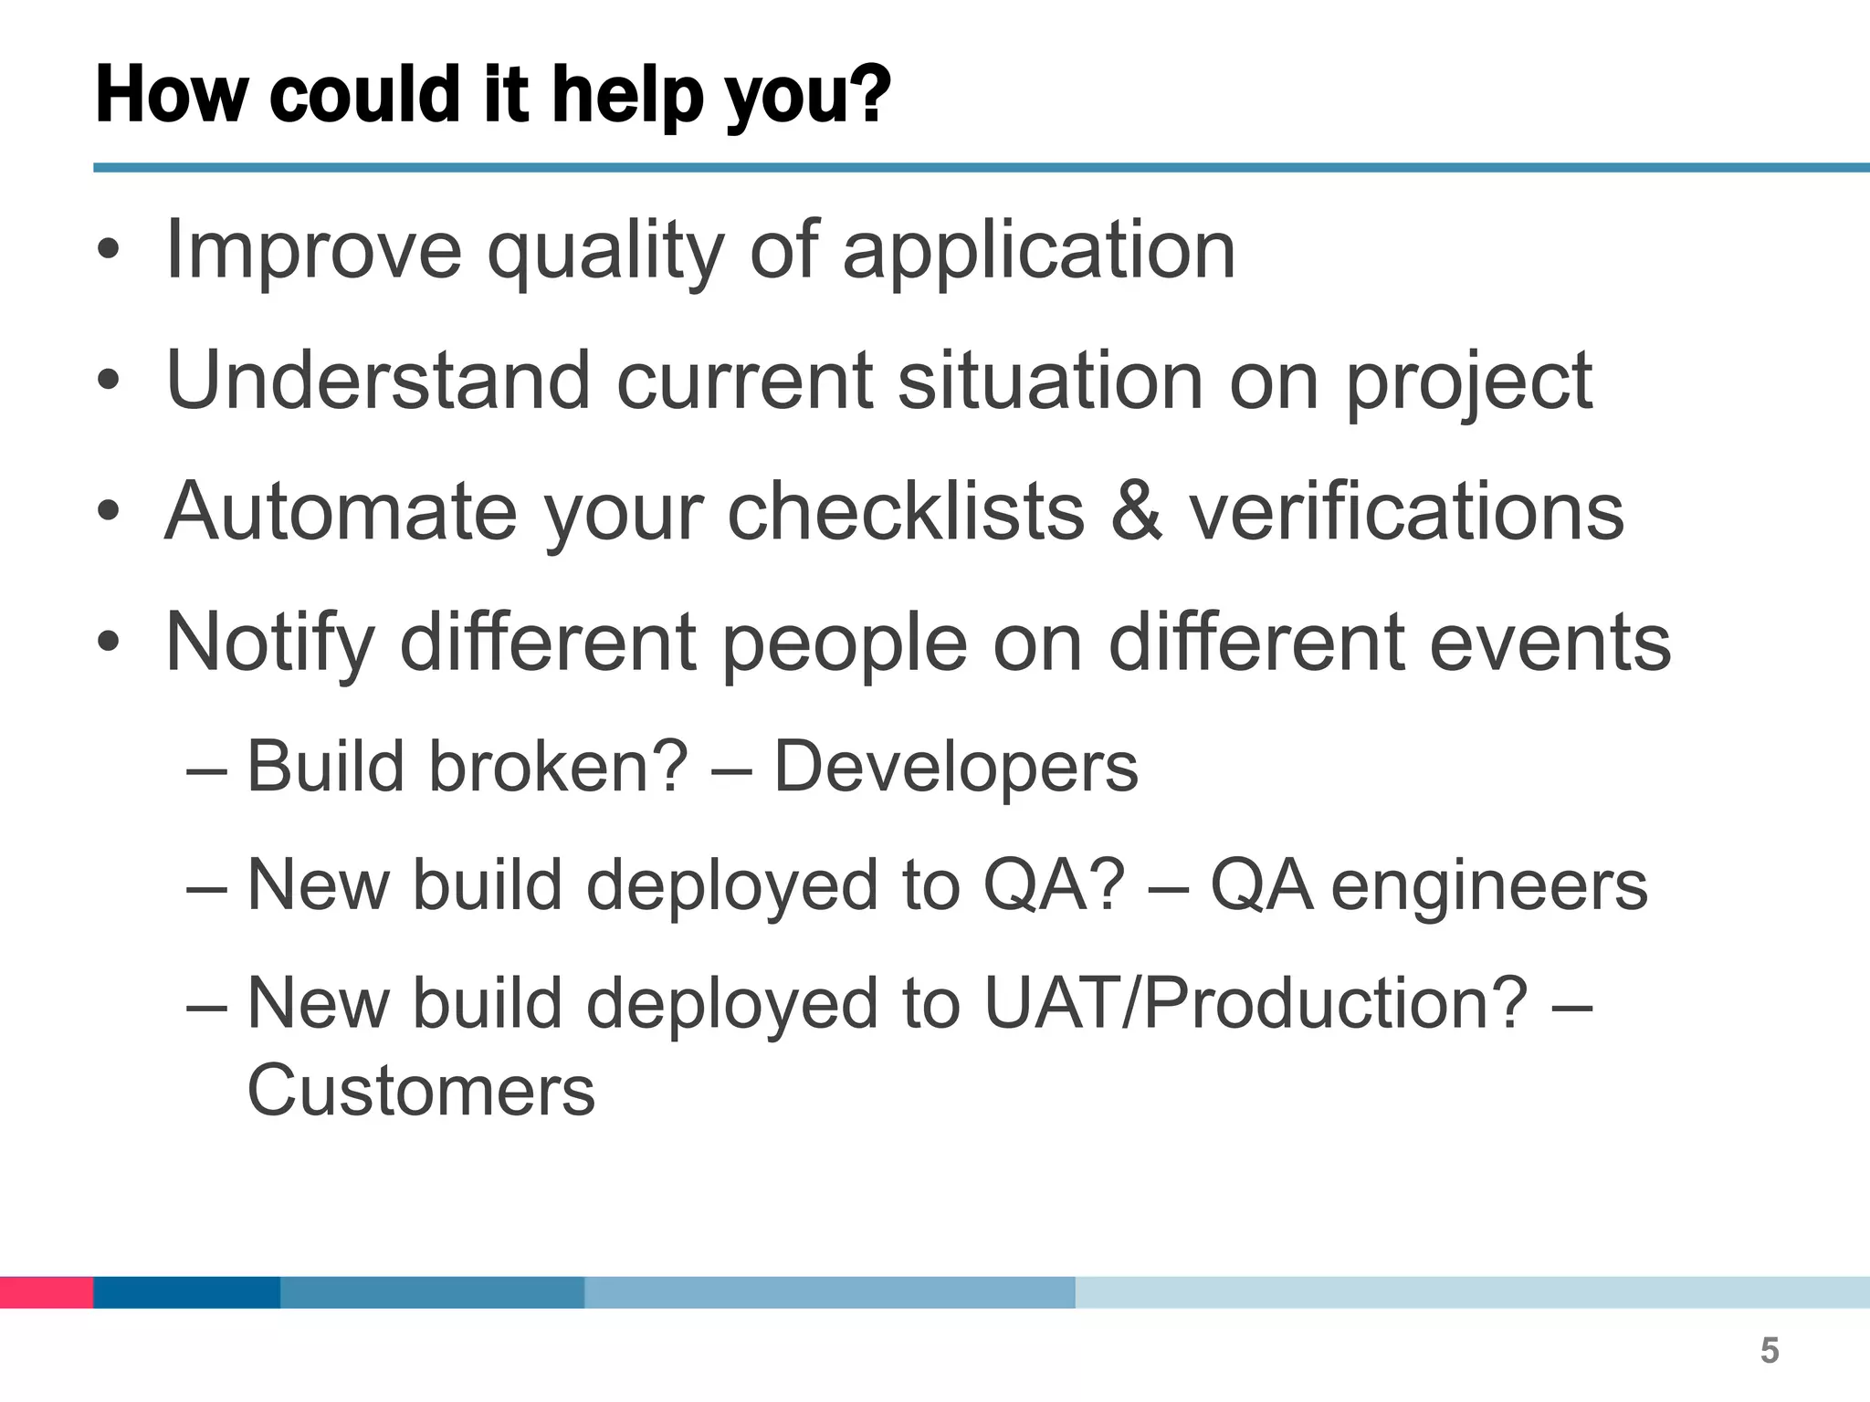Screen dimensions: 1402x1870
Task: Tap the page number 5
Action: [1770, 1351]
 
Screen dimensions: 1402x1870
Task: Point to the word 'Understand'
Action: [378, 380]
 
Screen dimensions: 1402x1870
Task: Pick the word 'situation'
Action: [1050, 380]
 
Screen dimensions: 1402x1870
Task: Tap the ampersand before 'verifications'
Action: [1137, 511]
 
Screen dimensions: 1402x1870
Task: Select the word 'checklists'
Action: [906, 511]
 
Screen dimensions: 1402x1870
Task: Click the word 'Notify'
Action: [270, 643]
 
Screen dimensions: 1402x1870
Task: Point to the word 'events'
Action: [1550, 642]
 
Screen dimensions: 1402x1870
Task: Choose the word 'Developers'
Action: [956, 767]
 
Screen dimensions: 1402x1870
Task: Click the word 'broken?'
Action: [559, 767]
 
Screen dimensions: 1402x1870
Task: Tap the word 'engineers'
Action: [1489, 885]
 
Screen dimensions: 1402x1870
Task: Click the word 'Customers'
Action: [421, 1091]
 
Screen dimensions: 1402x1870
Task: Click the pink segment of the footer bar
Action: [46, 1292]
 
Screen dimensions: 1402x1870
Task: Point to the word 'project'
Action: [1469, 382]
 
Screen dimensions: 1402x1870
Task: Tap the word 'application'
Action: [1038, 251]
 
